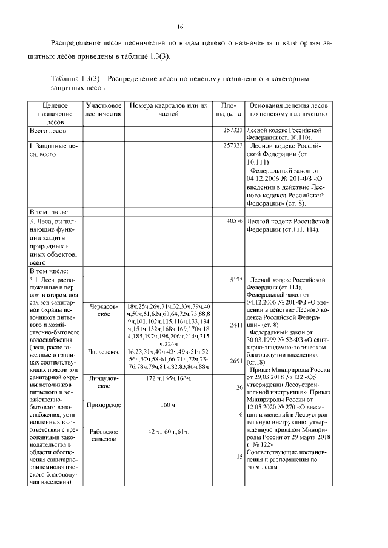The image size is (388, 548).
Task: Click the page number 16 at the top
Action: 180,27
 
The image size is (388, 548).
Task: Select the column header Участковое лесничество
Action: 104,110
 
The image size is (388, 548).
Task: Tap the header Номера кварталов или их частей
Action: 169,110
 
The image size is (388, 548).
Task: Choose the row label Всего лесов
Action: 48,130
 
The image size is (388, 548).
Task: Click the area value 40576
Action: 234,222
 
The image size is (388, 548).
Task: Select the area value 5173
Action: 236,280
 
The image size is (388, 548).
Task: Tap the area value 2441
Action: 236,326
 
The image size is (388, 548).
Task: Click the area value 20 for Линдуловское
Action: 239,387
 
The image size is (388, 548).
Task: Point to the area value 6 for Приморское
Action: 241,414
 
